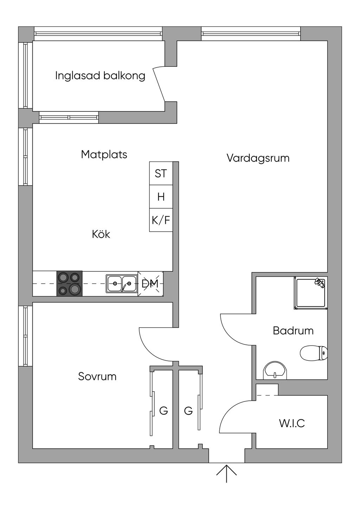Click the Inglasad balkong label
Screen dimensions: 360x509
pyautogui.click(x=100, y=76)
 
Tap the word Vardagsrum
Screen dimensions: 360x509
pyautogui.click(x=258, y=158)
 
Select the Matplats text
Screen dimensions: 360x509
pyautogui.click(x=104, y=155)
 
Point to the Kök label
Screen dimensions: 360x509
pyautogui.click(x=101, y=234)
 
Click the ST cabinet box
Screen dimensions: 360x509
pyautogui.click(x=161, y=173)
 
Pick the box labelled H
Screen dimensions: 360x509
pyautogui.click(x=161, y=196)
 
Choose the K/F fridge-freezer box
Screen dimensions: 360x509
pyautogui.click(x=161, y=220)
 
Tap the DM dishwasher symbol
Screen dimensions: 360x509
pyautogui.click(x=150, y=284)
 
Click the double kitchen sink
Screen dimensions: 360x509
pyautogui.click(x=122, y=284)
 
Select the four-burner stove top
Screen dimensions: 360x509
pyautogui.click(x=69, y=284)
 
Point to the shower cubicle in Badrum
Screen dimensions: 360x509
pyautogui.click(x=311, y=293)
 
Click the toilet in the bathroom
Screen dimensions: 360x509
pyautogui.click(x=314, y=353)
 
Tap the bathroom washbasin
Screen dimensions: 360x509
pyautogui.click(x=275, y=371)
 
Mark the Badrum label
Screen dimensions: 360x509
pyautogui.click(x=293, y=331)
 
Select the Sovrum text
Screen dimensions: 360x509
pyautogui.click(x=97, y=376)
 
